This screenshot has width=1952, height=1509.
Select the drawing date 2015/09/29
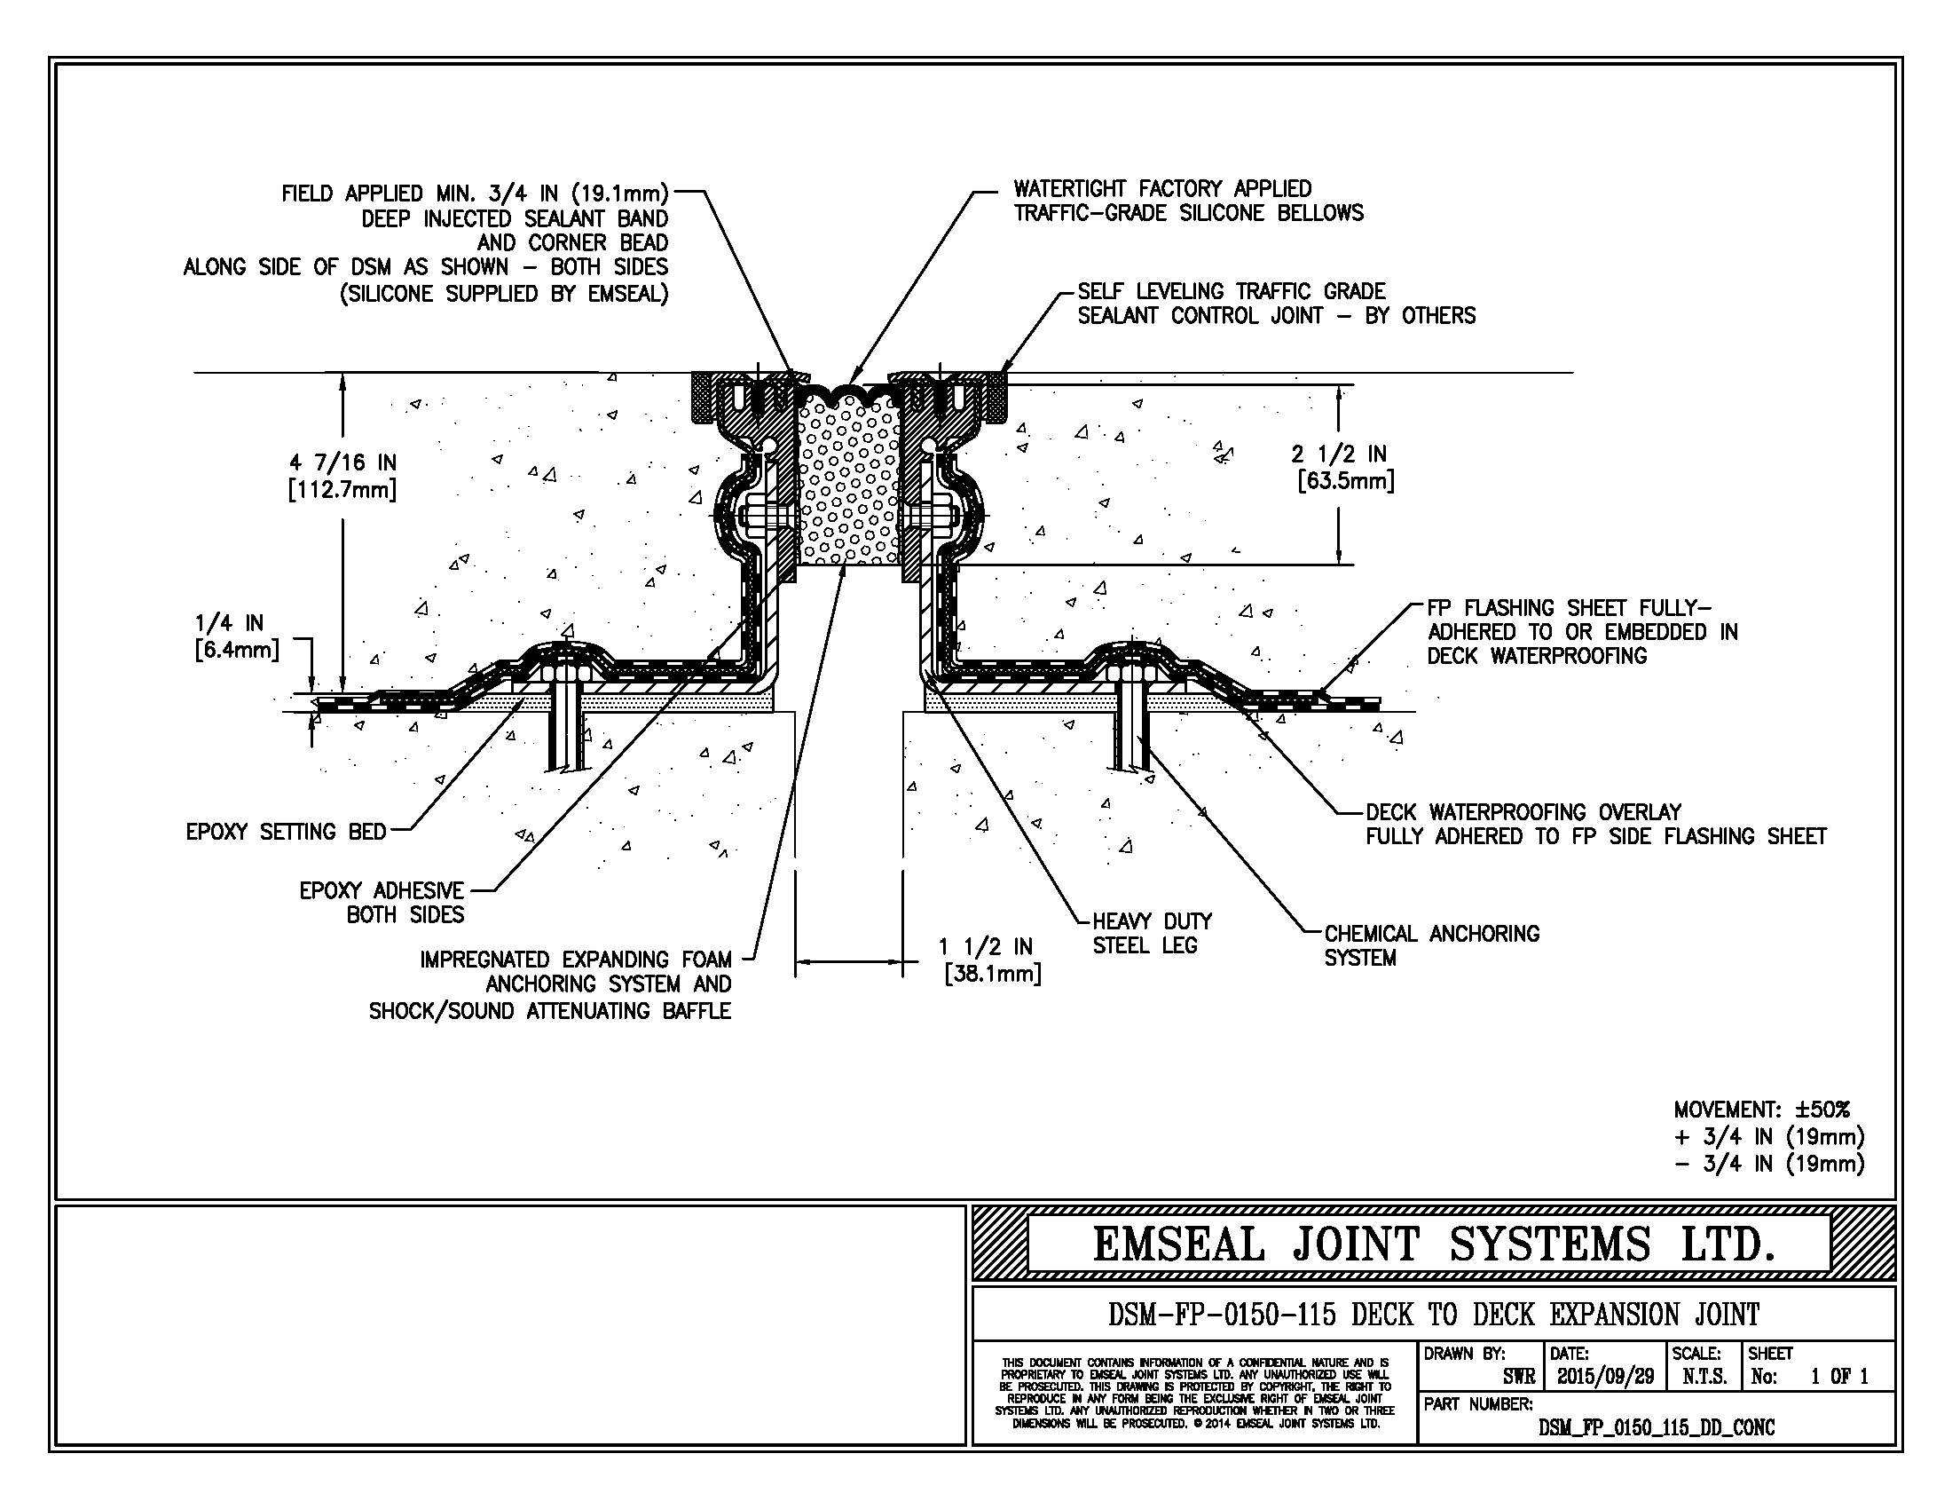[x=1605, y=1377]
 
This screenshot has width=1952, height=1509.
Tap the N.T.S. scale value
[x=1704, y=1377]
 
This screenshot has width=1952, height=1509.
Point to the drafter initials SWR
[x=1518, y=1378]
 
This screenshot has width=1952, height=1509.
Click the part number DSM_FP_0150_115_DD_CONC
[x=1657, y=1427]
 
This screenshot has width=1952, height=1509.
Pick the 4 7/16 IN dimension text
[x=342, y=476]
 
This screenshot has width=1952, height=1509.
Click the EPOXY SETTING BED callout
[x=286, y=832]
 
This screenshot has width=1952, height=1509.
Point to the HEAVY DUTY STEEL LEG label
[x=1152, y=933]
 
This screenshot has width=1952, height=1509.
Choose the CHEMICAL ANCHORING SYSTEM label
[x=1432, y=946]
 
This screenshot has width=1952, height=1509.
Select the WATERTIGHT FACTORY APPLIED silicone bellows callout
[x=1188, y=201]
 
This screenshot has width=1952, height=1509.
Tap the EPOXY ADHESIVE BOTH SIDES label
[x=382, y=902]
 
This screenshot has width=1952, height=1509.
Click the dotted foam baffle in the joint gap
[x=848, y=483]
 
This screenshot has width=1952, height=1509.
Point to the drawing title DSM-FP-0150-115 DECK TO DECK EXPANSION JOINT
[x=1434, y=1314]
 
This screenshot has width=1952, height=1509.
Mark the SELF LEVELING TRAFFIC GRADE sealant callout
[x=1276, y=303]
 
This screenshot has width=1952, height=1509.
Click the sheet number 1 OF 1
[x=1838, y=1377]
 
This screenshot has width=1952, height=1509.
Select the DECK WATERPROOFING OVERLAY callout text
[x=1595, y=825]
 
